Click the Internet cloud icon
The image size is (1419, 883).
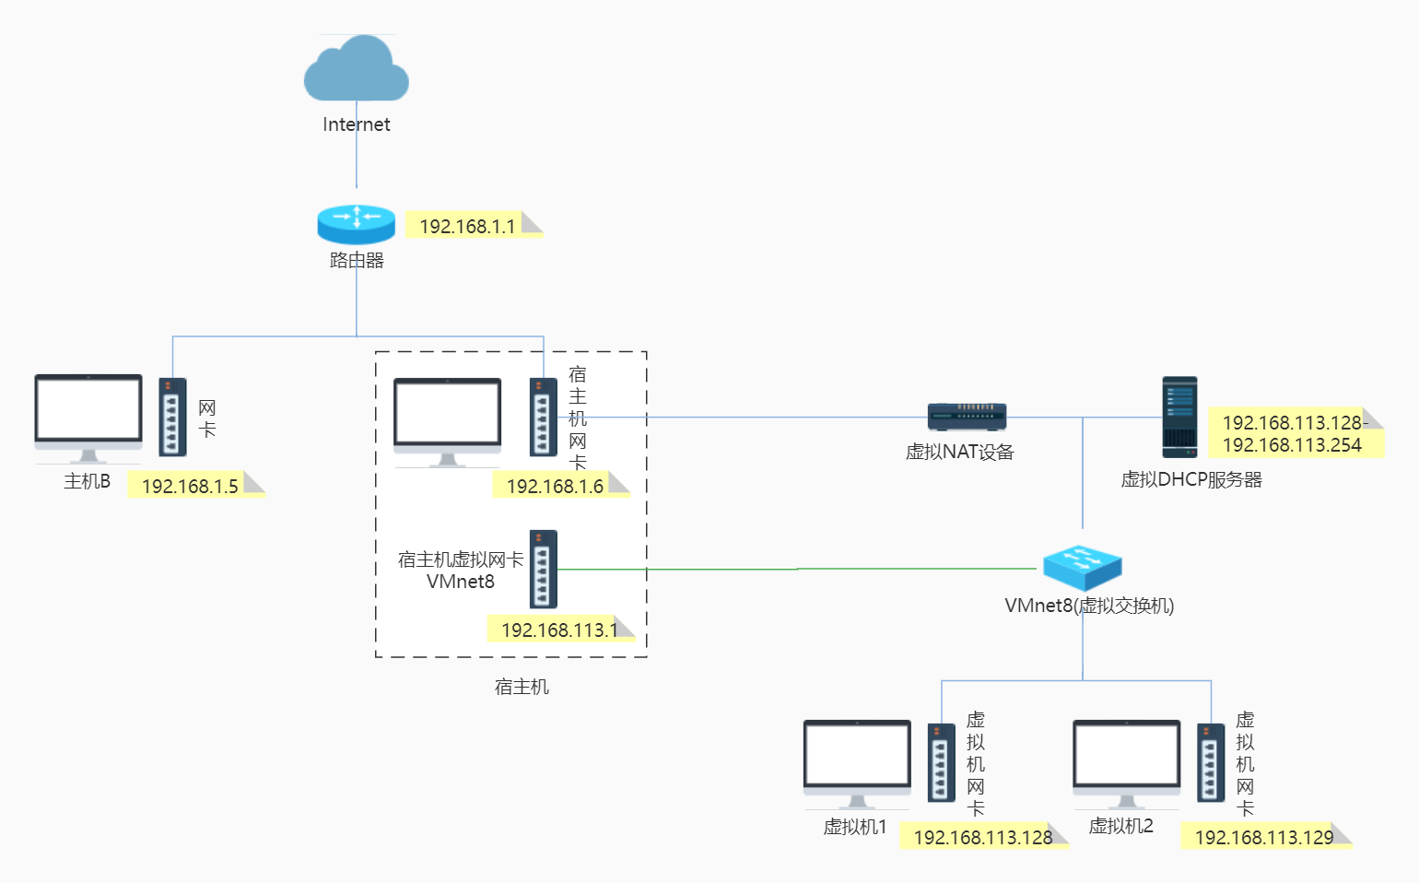point(357,69)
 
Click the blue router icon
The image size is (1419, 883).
point(357,223)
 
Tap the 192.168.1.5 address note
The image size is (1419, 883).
point(191,486)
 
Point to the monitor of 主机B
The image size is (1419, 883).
point(88,415)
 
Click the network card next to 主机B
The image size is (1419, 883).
point(172,418)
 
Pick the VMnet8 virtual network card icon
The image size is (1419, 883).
point(544,569)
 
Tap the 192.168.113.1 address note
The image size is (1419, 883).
point(558,630)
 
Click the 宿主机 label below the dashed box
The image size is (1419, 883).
point(522,687)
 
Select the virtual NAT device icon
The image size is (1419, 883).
point(967,417)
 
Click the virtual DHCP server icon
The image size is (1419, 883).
point(1179,417)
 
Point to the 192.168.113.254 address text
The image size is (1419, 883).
point(1292,445)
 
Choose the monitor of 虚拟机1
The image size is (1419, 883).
point(857,759)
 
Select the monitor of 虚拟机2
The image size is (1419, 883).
point(1126,759)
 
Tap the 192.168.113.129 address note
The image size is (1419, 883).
point(1264,837)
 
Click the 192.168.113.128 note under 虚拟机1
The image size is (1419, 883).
point(982,837)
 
